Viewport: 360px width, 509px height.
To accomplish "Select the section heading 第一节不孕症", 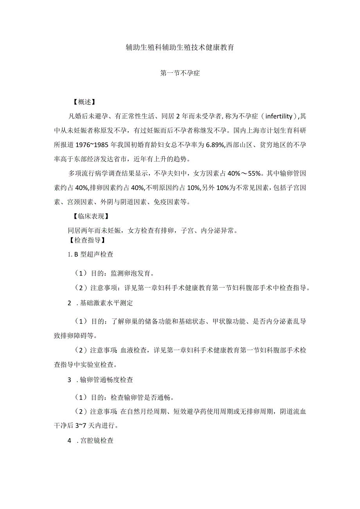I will (180, 73).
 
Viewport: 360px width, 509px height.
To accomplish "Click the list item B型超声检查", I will (91, 254).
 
